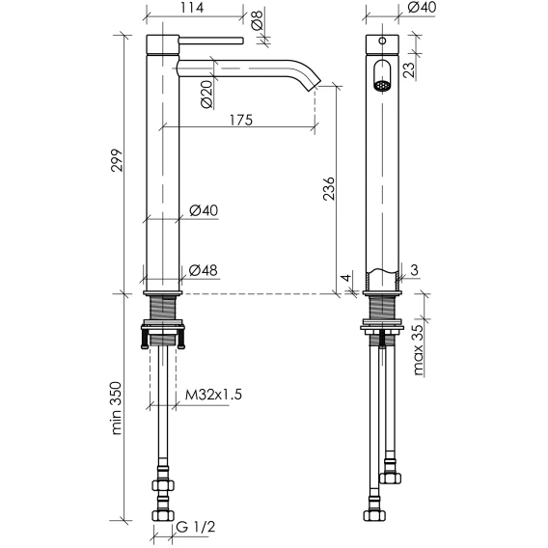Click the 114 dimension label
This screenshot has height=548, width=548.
pos(192,7)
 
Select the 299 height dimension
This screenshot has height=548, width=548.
pos(117,160)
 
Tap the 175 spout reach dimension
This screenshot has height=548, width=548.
pos(241,120)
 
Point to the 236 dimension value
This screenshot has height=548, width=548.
pos(329,189)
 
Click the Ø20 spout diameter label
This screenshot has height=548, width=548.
pos(206,94)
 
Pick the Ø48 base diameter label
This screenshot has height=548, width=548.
pos(203,270)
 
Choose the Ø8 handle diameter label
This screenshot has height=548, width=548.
pos(257,19)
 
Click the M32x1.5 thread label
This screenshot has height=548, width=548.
pos(213,395)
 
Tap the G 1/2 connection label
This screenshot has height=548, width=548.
pos(196,527)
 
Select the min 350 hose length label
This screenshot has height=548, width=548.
pos(117,408)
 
